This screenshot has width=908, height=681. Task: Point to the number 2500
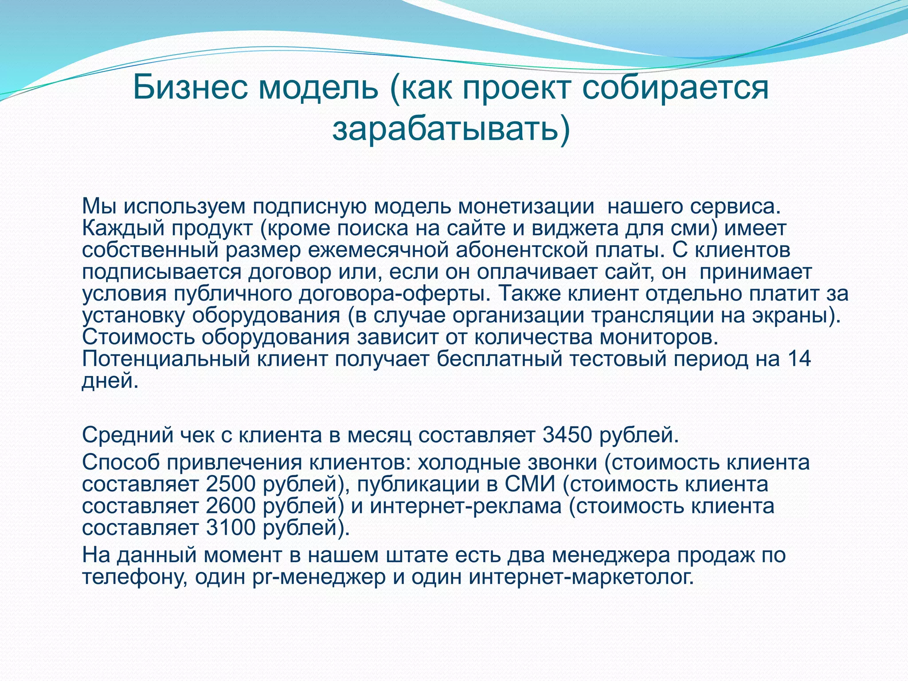pos(231,484)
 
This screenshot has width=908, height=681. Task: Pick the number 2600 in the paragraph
pos(231,506)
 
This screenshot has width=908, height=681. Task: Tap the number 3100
pos(231,528)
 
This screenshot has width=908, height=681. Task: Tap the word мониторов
pos(658,337)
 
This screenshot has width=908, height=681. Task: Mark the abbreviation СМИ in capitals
pos(530,484)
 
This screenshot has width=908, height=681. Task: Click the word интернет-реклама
pos(466,506)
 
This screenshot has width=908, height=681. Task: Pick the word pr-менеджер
pos(319,577)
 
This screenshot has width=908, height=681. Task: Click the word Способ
pos(121,462)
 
